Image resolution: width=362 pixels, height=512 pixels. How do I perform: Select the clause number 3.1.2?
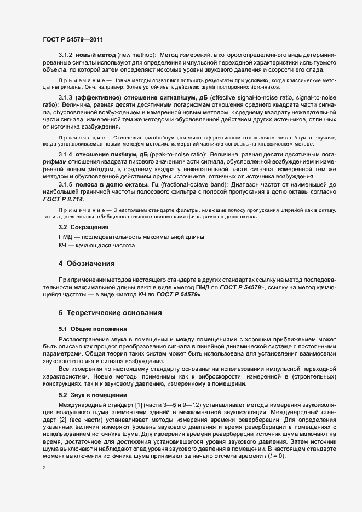point(65,55)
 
